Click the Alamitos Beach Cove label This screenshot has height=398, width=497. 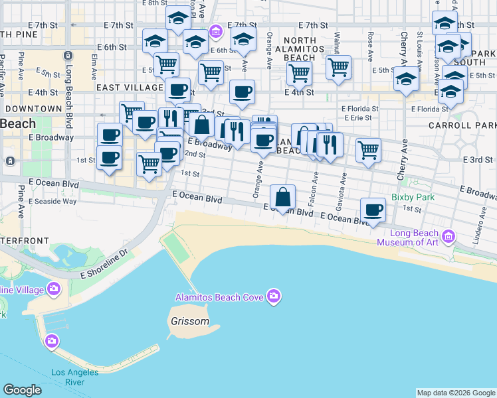(219, 297)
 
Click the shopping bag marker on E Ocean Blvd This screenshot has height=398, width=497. (283, 197)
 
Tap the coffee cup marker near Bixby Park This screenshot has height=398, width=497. (373, 210)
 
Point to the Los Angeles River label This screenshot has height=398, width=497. (74, 377)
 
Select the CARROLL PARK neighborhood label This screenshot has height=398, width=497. (471, 125)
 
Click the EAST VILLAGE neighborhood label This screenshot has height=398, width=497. (129, 88)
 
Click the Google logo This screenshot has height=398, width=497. (22, 390)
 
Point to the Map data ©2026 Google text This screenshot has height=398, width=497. (455, 393)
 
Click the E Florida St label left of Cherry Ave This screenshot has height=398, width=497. (359, 108)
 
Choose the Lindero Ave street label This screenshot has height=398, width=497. (477, 231)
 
